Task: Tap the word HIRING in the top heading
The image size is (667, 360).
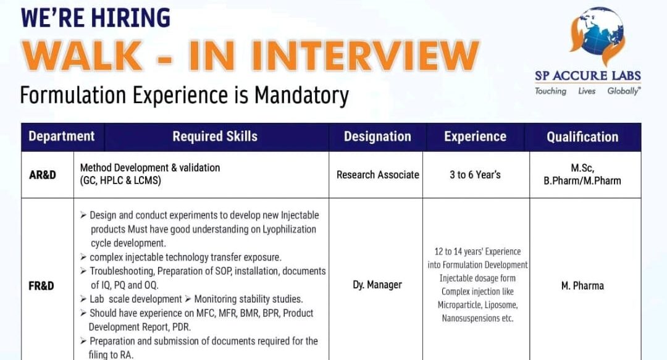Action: click(x=131, y=17)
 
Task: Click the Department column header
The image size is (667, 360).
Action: click(x=62, y=136)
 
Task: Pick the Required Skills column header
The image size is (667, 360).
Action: click(x=215, y=136)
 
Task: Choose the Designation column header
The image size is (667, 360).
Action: click(x=377, y=136)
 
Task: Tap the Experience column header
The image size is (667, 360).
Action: click(x=475, y=136)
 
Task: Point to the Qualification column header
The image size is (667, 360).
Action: click(x=582, y=137)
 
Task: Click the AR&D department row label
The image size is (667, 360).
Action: click(x=43, y=175)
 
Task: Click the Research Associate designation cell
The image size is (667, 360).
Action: click(x=377, y=175)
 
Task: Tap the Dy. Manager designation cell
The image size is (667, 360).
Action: click(x=377, y=285)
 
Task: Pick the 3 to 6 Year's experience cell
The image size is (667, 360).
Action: click(x=475, y=175)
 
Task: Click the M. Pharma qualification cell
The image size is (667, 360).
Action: click(x=582, y=286)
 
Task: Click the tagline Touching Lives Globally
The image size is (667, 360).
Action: click(x=587, y=91)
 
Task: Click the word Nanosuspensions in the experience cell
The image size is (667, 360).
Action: click(x=470, y=319)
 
